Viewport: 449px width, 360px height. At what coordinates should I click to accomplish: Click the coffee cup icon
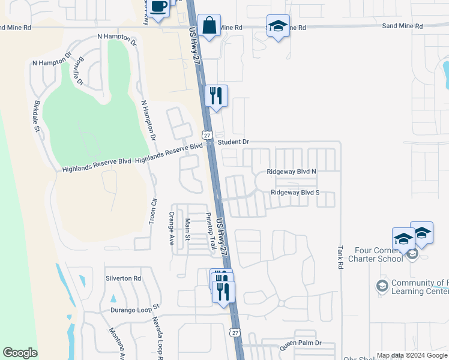click(x=158, y=7)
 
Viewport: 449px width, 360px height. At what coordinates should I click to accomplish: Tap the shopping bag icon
click(x=209, y=26)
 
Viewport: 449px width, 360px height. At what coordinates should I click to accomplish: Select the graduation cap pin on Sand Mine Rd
click(x=278, y=26)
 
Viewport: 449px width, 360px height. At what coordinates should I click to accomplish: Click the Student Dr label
click(x=233, y=142)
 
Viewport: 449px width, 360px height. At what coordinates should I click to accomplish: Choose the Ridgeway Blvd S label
click(x=295, y=193)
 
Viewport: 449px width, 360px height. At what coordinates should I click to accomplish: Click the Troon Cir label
click(x=153, y=211)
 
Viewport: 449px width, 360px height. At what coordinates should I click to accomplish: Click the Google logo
click(x=20, y=353)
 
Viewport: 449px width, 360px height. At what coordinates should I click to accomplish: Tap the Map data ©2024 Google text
click(x=412, y=355)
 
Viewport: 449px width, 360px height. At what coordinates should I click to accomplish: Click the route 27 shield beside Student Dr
click(x=207, y=136)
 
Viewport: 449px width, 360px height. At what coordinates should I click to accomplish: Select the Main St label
click(x=187, y=229)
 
